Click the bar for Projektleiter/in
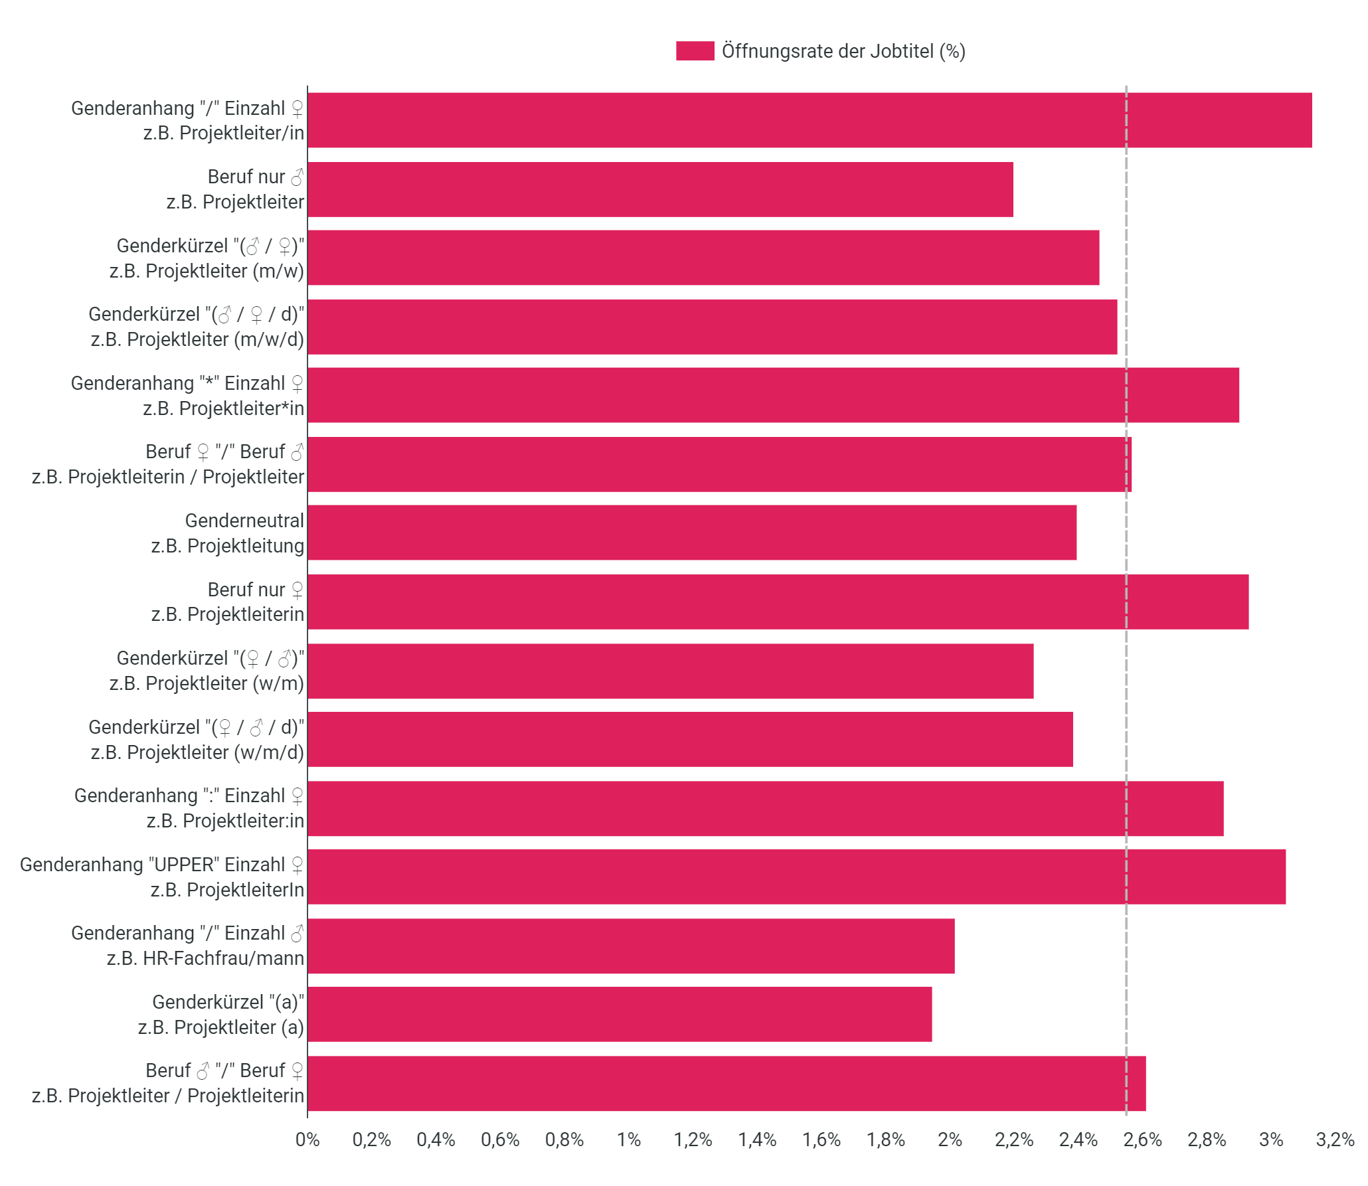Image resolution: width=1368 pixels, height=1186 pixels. pyautogui.click(x=810, y=120)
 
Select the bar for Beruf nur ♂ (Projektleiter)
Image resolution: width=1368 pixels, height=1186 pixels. pyautogui.click(x=661, y=189)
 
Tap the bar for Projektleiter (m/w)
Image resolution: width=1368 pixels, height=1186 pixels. pyautogui.click(x=703, y=258)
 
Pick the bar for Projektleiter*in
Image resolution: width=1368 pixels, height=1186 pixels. pyautogui.click(x=774, y=395)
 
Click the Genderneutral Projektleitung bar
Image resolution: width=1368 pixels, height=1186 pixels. pyautogui.click(x=692, y=533)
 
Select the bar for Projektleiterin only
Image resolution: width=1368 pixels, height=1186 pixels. pyautogui.click(x=778, y=602)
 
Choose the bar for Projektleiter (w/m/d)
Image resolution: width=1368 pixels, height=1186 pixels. pyautogui.click(x=691, y=739)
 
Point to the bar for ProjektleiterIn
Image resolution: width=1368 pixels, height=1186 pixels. pyautogui.click(x=797, y=877)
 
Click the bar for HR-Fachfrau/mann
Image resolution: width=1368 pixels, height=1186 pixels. pyautogui.click(x=631, y=946)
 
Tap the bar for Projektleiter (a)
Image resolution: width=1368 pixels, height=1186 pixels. pyautogui.click(x=620, y=1014)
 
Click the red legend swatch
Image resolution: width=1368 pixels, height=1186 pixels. pyautogui.click(x=695, y=51)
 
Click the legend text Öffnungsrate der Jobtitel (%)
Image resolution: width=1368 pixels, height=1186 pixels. pyautogui.click(x=843, y=51)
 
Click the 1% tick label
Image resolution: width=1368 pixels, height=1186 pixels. pyautogui.click(x=629, y=1140)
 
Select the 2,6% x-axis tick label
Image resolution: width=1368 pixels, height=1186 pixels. pyautogui.click(x=1143, y=1140)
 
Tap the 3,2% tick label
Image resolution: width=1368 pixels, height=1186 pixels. pyautogui.click(x=1335, y=1140)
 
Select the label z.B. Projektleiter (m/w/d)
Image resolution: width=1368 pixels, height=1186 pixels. pyautogui.click(x=197, y=339)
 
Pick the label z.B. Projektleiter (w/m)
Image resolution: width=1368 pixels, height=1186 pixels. pyautogui.click(x=207, y=683)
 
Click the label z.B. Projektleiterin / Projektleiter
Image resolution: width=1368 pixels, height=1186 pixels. pyautogui.click(x=168, y=477)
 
